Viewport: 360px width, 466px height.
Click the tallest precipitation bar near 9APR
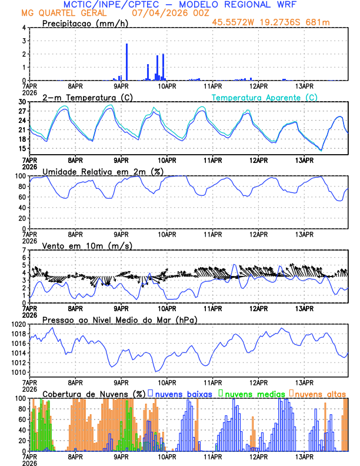click(x=126, y=62)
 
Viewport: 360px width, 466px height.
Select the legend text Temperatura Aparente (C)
click(x=264, y=97)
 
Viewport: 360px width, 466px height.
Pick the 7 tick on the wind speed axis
click(x=25, y=250)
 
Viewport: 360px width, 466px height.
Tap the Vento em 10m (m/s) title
click(x=87, y=245)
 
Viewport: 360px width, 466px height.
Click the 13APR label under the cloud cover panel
click(x=304, y=457)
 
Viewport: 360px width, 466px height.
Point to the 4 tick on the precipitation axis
click(x=24, y=28)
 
